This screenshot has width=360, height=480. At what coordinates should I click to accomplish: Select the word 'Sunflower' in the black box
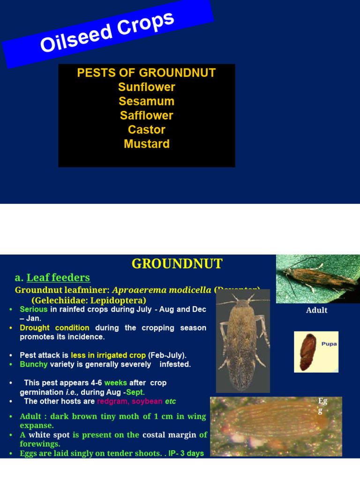(147, 87)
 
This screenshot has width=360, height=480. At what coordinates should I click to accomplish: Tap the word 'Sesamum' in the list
(147, 101)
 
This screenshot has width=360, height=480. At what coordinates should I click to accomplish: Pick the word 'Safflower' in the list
(147, 115)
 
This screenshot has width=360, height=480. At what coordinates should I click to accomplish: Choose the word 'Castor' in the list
(147, 130)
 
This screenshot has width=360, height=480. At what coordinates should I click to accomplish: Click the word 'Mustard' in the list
(147, 144)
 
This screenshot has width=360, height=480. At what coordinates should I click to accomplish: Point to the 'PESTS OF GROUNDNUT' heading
(147, 73)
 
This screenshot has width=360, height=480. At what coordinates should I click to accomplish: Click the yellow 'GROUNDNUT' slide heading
(177, 264)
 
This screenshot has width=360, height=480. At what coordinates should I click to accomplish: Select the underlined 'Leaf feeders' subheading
(58, 277)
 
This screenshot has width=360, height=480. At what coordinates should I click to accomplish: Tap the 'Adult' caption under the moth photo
(316, 310)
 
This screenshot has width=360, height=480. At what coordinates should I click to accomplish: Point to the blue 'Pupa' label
(329, 344)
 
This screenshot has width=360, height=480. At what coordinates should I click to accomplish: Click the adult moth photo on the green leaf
(318, 279)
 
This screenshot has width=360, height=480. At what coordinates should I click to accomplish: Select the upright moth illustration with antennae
(243, 341)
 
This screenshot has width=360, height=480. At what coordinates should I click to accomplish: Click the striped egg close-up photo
(276, 427)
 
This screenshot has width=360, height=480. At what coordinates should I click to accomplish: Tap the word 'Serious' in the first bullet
(34, 309)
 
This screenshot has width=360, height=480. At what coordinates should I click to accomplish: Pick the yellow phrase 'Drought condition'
(54, 328)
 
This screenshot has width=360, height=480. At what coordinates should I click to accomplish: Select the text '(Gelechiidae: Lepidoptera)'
(89, 300)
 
